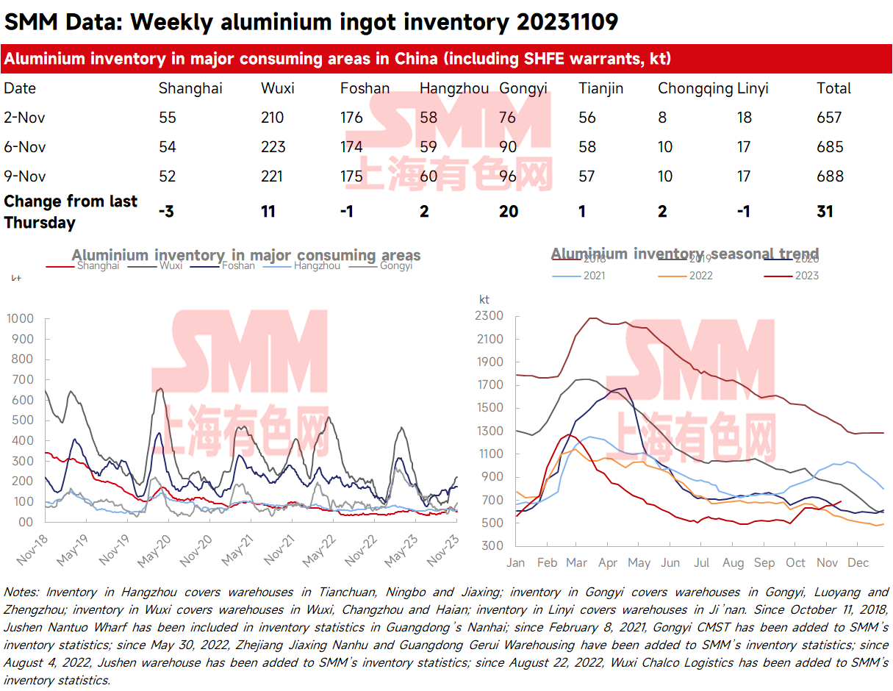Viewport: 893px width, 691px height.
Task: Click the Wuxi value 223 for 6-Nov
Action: [x=273, y=147]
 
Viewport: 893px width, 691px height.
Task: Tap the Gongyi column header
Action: [x=523, y=88]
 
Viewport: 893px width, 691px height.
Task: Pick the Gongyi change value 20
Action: [x=509, y=212]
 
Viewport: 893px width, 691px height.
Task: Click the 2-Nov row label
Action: [x=25, y=118]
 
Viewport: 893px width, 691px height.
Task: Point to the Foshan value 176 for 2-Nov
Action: [x=351, y=118]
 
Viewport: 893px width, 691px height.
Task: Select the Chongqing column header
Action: [x=695, y=88]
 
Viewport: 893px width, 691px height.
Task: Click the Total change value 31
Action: [x=825, y=212]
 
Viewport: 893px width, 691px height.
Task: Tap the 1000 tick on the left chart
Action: [x=19, y=319]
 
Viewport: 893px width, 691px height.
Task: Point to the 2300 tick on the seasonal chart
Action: [x=490, y=316]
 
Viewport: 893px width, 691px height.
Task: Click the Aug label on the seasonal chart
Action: [x=733, y=563]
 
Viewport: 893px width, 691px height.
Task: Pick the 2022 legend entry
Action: [x=700, y=276]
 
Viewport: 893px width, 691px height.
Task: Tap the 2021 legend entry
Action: [x=595, y=276]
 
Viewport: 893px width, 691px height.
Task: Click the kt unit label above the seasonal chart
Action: [x=484, y=300]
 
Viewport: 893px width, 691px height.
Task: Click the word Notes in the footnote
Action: [x=22, y=592]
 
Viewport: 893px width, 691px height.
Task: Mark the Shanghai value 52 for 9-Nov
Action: [x=168, y=176]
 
